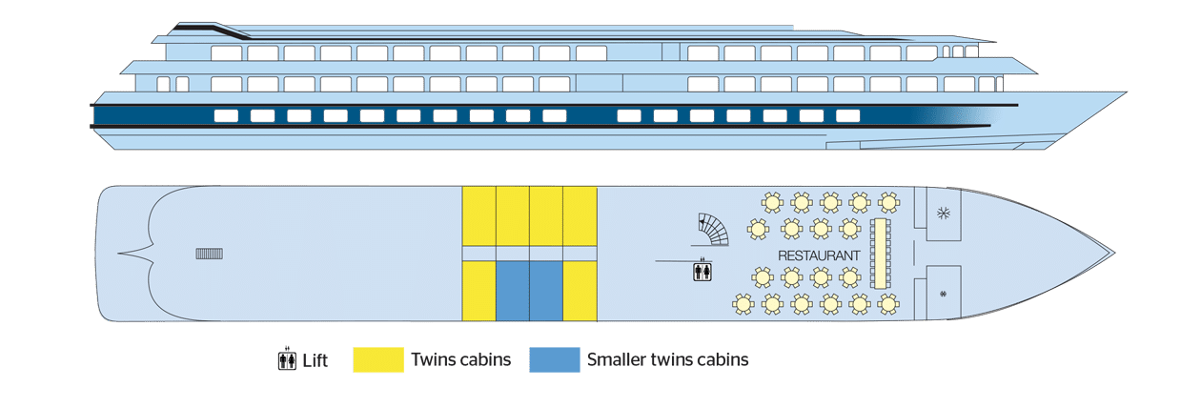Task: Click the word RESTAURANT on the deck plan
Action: click(x=819, y=255)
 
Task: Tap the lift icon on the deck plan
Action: click(x=702, y=271)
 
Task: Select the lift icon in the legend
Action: click(x=288, y=359)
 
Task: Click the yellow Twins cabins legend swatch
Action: click(x=378, y=359)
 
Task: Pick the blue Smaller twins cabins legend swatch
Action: click(x=555, y=359)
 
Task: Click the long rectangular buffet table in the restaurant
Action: click(x=881, y=253)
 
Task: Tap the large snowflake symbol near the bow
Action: click(x=943, y=214)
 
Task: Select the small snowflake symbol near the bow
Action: click(x=943, y=294)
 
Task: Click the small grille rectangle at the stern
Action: click(x=209, y=254)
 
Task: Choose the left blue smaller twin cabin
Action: click(x=513, y=291)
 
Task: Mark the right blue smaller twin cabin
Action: click(x=546, y=291)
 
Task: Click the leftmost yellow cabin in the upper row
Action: click(x=478, y=216)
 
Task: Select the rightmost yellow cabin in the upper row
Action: click(x=580, y=216)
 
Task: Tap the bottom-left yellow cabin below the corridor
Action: click(x=478, y=291)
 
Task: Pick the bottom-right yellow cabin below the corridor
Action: click(x=580, y=291)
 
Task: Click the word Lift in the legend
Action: click(x=315, y=360)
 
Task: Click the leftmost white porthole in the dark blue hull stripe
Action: click(x=226, y=115)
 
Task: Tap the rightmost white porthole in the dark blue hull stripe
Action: click(x=847, y=115)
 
